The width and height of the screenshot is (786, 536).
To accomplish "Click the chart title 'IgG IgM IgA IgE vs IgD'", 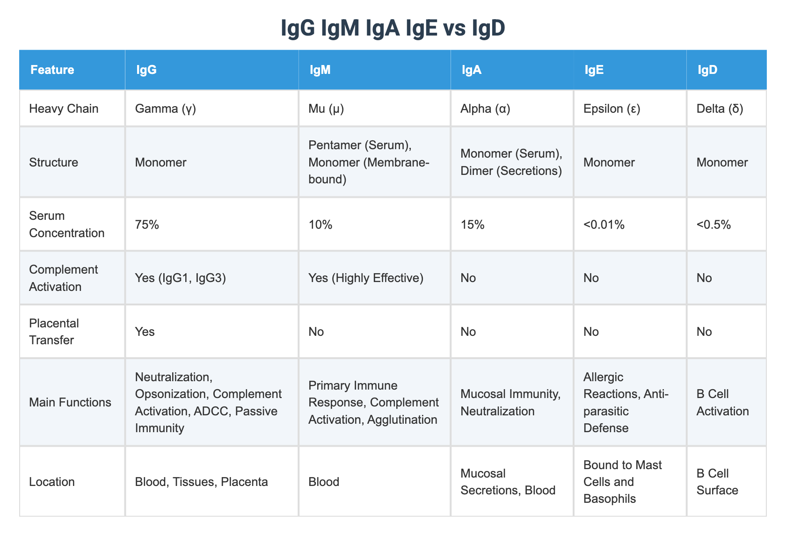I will point(393,29).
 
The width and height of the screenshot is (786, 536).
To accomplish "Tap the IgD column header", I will point(707,70).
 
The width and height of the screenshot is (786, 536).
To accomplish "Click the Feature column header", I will point(52,70).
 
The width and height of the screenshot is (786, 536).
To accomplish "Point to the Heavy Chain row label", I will point(64,109).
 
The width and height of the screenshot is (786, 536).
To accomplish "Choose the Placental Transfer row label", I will point(54,332).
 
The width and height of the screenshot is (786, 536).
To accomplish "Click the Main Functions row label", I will point(70,402).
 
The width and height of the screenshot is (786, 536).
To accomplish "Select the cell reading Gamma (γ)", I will point(165,109).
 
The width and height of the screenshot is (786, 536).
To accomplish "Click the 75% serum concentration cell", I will point(147,225).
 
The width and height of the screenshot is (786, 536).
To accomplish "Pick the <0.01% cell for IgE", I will point(604,225).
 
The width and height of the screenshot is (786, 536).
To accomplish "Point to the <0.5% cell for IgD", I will point(713,225).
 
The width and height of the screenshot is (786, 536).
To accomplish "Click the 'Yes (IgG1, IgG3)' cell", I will point(180,278).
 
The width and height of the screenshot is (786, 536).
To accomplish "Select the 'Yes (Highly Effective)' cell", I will point(366,278).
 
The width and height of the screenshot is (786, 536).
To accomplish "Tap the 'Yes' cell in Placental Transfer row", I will point(145,332).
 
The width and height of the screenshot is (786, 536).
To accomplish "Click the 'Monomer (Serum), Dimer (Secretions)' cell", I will point(511,162).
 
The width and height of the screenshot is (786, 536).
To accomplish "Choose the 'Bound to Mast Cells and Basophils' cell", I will point(623,482).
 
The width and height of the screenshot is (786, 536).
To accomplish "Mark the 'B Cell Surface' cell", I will point(717,482).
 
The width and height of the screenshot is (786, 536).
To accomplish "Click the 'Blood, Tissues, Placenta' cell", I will point(201,482).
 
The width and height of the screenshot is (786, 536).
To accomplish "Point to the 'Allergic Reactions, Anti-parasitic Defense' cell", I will point(626,402).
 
